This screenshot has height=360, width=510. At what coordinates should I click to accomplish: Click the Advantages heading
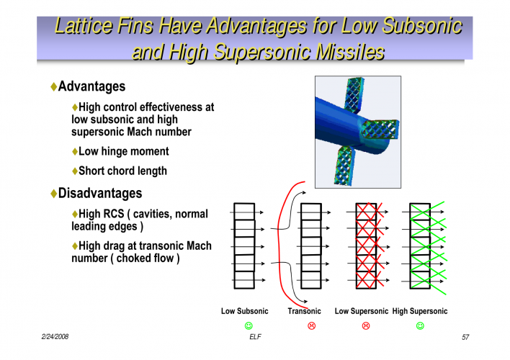coord(91,86)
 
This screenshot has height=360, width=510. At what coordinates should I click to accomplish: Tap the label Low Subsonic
coord(244,311)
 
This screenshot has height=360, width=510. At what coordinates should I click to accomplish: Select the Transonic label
coord(304,311)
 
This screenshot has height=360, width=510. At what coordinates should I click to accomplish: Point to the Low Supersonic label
coord(362,311)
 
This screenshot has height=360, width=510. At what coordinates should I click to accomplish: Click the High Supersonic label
coord(419,311)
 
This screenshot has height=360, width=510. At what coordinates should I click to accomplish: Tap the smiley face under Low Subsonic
coord(249,326)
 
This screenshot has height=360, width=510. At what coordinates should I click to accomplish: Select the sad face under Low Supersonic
coord(366,326)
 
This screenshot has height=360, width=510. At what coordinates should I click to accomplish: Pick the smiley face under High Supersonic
coord(420,326)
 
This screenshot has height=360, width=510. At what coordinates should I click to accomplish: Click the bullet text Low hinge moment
coord(123,151)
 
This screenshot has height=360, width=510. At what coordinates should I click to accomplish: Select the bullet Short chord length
coord(122,171)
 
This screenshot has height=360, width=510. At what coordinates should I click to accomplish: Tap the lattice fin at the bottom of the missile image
coord(345,166)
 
